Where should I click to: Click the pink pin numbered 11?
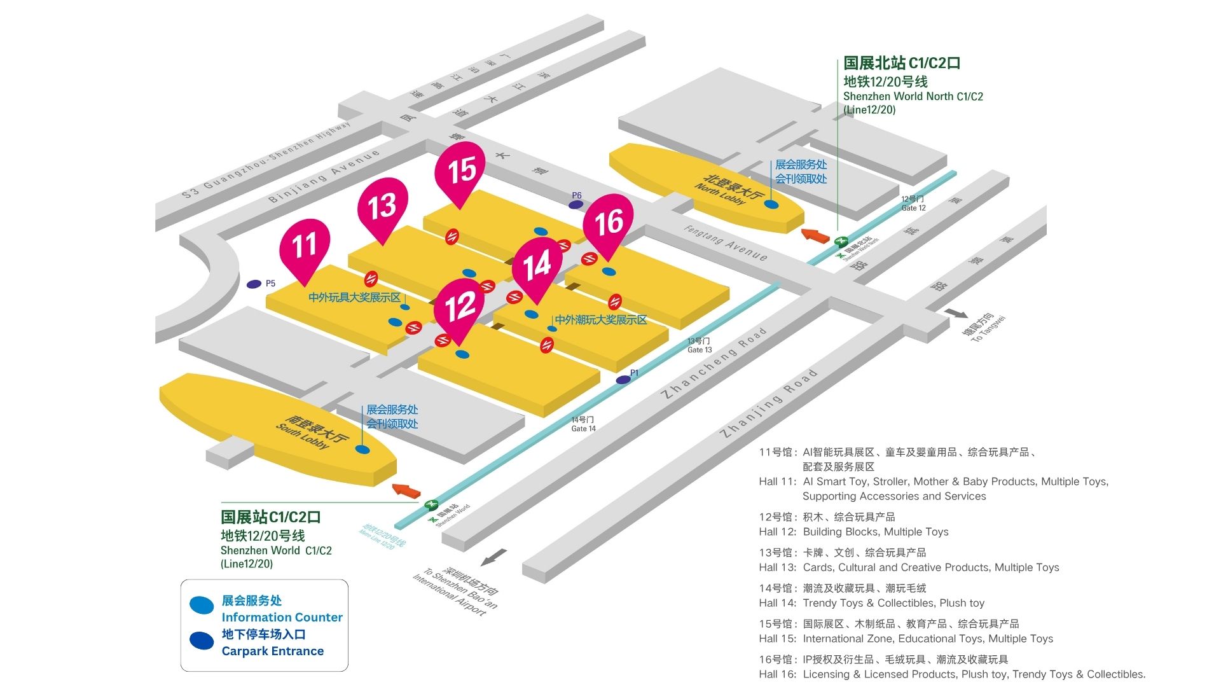(x=305, y=246)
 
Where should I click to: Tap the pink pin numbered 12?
(x=460, y=306)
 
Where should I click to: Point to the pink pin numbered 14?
(x=537, y=265)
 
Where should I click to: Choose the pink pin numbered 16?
(x=609, y=222)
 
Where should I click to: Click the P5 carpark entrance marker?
(x=254, y=284)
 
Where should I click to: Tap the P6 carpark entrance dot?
(x=576, y=205)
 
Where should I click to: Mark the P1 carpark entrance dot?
(x=623, y=380)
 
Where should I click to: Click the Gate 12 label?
(x=913, y=204)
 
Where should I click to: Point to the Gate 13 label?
(x=700, y=345)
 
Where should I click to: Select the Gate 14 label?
(x=583, y=424)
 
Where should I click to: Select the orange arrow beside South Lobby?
(x=406, y=490)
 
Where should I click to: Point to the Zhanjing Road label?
(x=768, y=404)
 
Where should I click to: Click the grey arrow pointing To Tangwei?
(x=956, y=314)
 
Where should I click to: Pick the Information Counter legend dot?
(x=202, y=606)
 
